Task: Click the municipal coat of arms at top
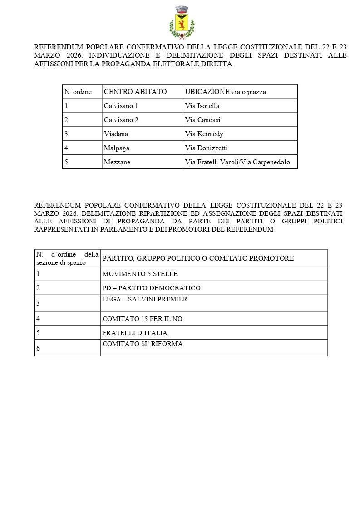pyautogui.click(x=182, y=22)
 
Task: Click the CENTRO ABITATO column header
pyautogui.click(x=135, y=92)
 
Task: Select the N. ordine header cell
pyautogui.click(x=78, y=92)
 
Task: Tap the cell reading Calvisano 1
pyautogui.click(x=121, y=106)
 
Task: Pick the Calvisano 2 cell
pyautogui.click(x=121, y=120)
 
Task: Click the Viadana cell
pyautogui.click(x=116, y=134)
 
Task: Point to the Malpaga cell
pyautogui.click(x=117, y=148)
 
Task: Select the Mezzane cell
pyautogui.click(x=117, y=162)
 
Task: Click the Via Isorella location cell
pyautogui.click(x=202, y=106)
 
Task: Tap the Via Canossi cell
pyautogui.click(x=202, y=120)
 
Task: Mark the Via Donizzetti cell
pyautogui.click(x=207, y=148)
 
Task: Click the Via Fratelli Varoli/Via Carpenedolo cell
pyautogui.click(x=237, y=162)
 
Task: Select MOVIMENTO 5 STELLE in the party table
pyautogui.click(x=140, y=274)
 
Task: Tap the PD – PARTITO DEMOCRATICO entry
pyautogui.click(x=151, y=288)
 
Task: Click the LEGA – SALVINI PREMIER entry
pyautogui.click(x=145, y=300)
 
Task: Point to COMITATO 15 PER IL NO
pyautogui.click(x=142, y=319)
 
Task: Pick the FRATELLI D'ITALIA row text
pyautogui.click(x=135, y=333)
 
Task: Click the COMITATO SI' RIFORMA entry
pyautogui.click(x=143, y=344)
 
